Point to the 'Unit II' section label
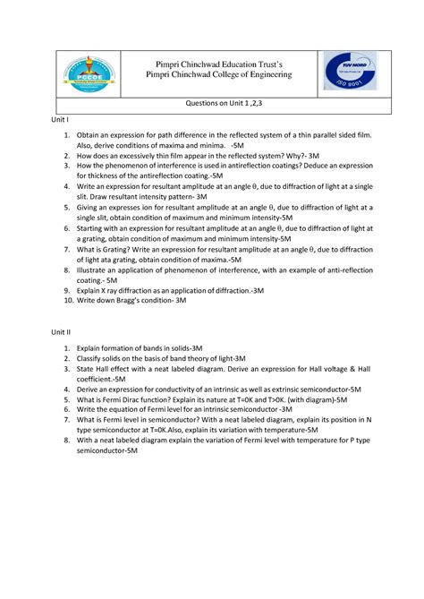click(x=61, y=331)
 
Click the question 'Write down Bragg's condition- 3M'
click(x=131, y=301)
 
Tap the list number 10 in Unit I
click(x=66, y=301)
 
